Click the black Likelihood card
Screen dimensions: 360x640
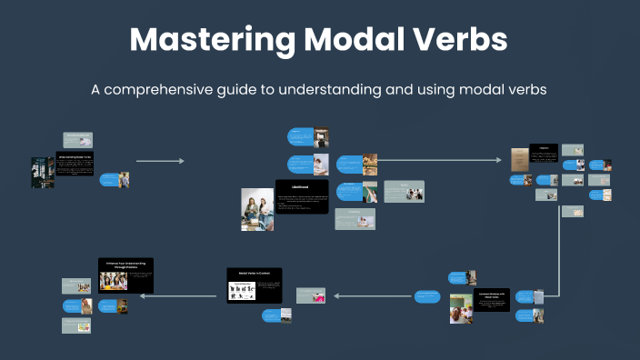[x=302, y=196]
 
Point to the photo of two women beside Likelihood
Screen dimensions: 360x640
[x=257, y=209]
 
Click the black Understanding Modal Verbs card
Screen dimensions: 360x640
[x=75, y=163]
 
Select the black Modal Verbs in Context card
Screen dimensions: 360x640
[x=255, y=285]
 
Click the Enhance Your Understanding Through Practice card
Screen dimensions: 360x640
[x=125, y=275]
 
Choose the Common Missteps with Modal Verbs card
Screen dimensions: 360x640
[x=491, y=300]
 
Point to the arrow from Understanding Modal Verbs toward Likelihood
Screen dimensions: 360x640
[x=160, y=161]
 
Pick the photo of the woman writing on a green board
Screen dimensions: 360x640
[x=370, y=193]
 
